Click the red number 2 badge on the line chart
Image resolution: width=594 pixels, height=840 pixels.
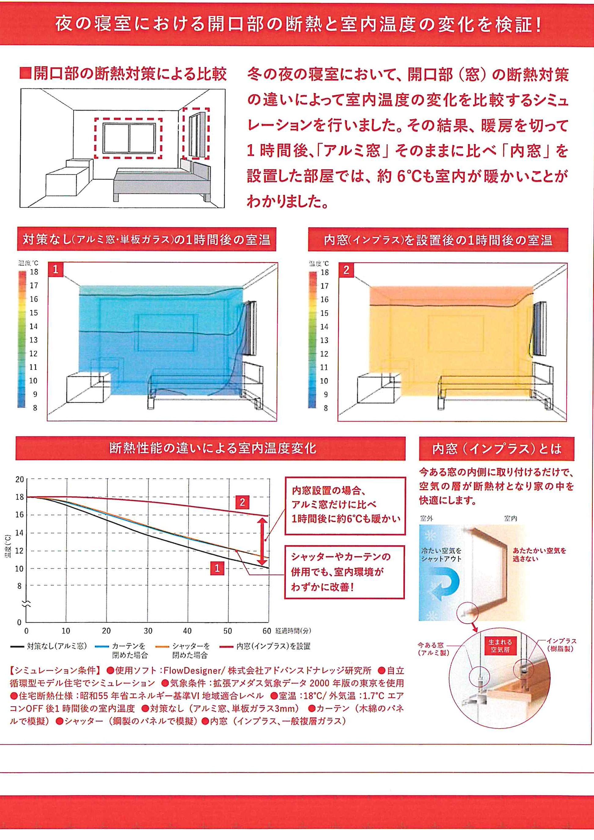coord(242,502)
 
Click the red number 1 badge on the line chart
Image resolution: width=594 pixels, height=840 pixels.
coord(217,568)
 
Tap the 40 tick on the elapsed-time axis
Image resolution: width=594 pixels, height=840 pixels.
coord(187,631)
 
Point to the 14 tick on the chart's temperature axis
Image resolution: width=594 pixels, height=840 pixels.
coord(20,533)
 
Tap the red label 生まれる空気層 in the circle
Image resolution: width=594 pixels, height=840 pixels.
coord(500,646)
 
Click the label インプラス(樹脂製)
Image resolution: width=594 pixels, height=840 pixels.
coord(561,645)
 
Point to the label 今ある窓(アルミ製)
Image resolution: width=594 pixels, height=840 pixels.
coord(434,649)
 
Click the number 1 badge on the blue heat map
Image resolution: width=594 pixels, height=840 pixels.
coord(56,270)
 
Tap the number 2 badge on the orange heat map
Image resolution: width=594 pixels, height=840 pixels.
coord(346,270)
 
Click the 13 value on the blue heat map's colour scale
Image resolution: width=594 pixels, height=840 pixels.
coord(34,340)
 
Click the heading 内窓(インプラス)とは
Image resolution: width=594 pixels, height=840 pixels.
coord(496,449)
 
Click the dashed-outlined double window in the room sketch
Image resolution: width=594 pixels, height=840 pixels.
coord(129,138)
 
